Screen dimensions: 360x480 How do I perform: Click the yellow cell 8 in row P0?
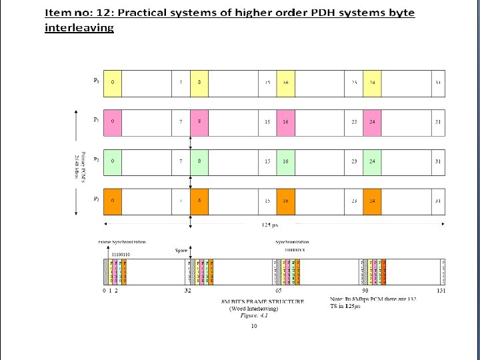[x=199, y=83]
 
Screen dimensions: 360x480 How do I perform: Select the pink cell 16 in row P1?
[x=285, y=122]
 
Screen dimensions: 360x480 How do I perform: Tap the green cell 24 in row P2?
[x=373, y=161]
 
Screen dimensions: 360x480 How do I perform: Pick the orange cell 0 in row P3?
[x=113, y=201]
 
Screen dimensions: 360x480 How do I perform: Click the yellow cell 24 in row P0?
[x=373, y=83]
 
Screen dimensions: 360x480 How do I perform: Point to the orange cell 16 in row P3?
[x=285, y=201]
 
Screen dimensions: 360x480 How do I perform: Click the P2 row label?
[x=96, y=159]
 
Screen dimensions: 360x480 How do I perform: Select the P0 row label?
[x=96, y=81]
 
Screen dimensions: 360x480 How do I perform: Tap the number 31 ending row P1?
[x=437, y=122]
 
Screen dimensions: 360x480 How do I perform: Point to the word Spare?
[x=181, y=251]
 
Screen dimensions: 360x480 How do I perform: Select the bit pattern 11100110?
[x=121, y=255]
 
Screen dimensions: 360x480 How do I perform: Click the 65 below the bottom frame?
[x=279, y=291]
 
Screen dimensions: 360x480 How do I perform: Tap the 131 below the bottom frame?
[x=440, y=291]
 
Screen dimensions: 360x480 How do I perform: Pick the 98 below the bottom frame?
[x=366, y=291]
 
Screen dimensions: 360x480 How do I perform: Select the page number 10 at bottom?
[x=254, y=326]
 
